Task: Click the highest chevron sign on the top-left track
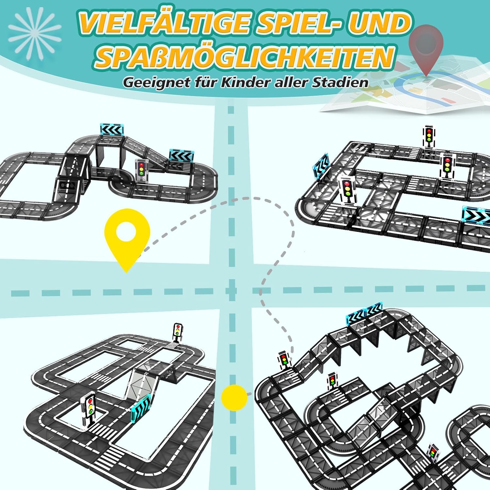click(x=112, y=129)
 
